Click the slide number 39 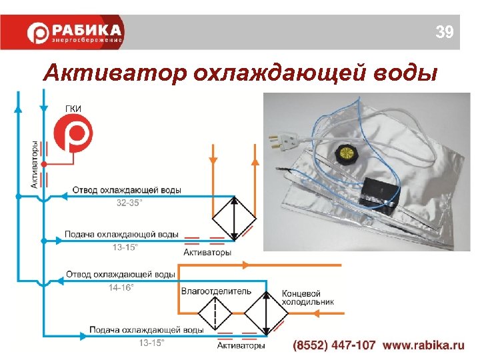click(444, 31)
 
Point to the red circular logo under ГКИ click(73, 137)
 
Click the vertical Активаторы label click(35, 164)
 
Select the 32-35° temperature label click(129, 203)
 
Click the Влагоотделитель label click(216, 291)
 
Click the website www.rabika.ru click(423, 345)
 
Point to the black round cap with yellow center click(347, 153)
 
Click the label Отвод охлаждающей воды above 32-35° click(126, 191)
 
